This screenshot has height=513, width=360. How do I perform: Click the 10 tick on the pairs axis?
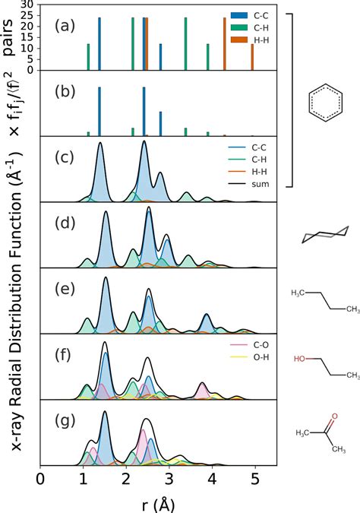[29, 48]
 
